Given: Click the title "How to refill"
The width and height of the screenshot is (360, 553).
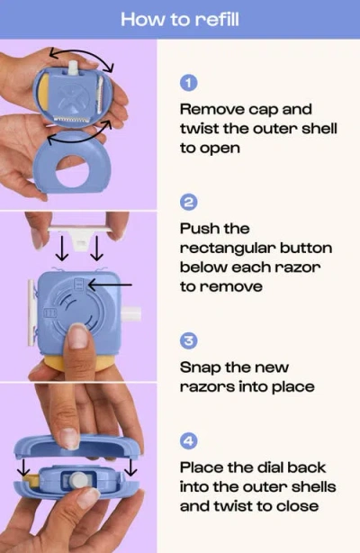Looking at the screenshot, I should [180, 19].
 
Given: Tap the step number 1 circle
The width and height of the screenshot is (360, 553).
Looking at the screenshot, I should [189, 83].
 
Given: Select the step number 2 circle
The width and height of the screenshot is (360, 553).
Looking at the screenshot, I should [189, 202].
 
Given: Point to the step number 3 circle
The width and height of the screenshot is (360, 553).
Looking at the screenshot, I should [189, 340].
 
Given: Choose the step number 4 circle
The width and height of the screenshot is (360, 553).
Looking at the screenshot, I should [189, 441].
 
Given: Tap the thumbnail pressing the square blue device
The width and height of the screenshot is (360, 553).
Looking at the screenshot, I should [78, 338].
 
